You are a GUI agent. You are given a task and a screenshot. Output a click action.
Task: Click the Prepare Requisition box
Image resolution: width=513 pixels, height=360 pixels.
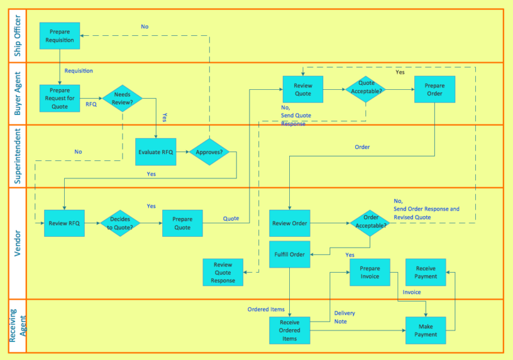point(60,36)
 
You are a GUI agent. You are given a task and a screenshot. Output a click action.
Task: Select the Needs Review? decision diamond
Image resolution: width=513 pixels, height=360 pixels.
point(122,98)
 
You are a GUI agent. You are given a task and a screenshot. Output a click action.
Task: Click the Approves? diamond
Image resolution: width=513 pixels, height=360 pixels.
point(208,152)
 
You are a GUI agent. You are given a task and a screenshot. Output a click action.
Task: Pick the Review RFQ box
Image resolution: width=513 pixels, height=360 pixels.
point(64,223)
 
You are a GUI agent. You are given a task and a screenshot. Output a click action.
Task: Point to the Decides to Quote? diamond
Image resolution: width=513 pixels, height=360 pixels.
point(120,223)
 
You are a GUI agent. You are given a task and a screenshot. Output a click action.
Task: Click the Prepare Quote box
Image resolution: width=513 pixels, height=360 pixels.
point(183,223)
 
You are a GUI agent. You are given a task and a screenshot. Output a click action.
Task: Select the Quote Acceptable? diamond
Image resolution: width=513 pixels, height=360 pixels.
point(366,90)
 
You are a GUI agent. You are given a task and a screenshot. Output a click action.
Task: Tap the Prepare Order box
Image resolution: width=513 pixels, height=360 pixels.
point(434,90)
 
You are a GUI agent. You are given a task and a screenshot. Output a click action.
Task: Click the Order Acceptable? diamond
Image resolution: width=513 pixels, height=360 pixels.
point(371,223)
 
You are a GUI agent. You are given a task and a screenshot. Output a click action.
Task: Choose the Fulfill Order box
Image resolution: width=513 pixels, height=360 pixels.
point(290,253)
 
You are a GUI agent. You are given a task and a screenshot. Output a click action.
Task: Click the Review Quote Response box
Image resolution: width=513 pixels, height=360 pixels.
point(223,272)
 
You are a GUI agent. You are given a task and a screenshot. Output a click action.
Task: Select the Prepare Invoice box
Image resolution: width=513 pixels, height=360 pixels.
point(370,272)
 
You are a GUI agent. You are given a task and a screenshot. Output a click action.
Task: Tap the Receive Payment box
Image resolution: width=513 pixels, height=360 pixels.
point(426,272)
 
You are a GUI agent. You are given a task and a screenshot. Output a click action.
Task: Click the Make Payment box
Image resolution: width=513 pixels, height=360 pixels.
point(426,330)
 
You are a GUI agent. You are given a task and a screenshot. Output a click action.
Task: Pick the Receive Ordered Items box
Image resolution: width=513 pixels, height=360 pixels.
point(290,330)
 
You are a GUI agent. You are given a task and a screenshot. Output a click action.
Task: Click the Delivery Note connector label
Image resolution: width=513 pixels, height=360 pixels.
point(344,317)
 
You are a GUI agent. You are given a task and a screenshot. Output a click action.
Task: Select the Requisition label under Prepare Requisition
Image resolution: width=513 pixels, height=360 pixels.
point(79,71)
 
